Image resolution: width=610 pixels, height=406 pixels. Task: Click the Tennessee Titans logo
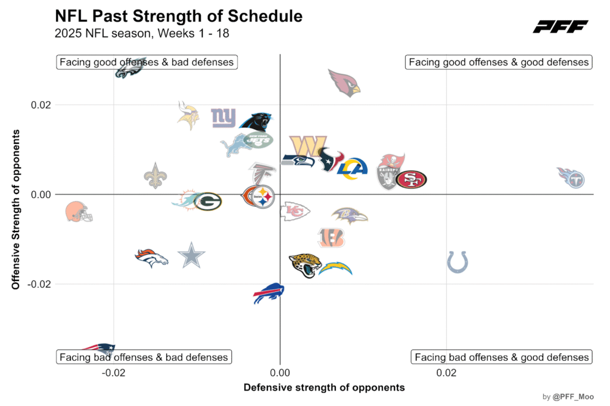pos(571,177)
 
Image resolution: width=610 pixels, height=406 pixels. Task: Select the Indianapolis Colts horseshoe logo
pos(457,261)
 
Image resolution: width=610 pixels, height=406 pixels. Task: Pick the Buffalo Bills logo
pos(268,293)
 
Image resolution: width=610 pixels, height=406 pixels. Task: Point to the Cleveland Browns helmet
pos(79,211)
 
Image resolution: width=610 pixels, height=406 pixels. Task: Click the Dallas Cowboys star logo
pos(191,256)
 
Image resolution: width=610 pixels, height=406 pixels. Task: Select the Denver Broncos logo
pos(151,258)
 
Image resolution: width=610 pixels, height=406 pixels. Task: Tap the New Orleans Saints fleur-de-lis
pos(155,176)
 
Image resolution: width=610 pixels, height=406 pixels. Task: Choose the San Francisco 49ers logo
pos(411,179)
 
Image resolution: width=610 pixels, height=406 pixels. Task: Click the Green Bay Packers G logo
pos(208,202)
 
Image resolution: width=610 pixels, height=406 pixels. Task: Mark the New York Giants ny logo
pos(223,118)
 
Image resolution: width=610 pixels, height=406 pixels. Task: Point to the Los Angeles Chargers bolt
pos(335,268)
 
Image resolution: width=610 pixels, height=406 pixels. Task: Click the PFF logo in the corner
pos(560,26)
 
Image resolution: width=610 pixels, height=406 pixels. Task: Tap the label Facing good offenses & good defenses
pos(499,62)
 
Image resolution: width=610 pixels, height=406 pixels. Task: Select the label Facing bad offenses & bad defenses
pos(144,357)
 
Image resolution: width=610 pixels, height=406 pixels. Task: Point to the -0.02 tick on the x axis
pos(114,373)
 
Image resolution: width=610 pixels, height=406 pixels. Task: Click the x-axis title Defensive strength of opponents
pos(324,388)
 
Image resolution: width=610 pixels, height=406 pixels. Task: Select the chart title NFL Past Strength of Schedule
pos(178,16)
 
